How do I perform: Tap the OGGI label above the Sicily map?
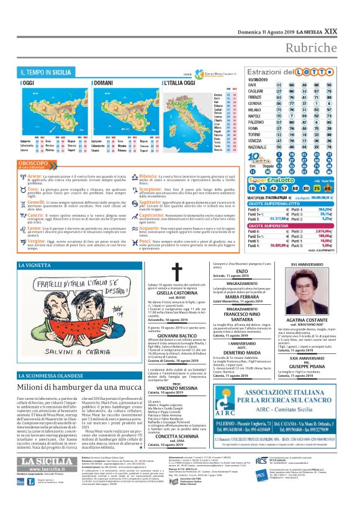coord(28,83)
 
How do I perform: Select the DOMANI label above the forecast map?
coord(103,83)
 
